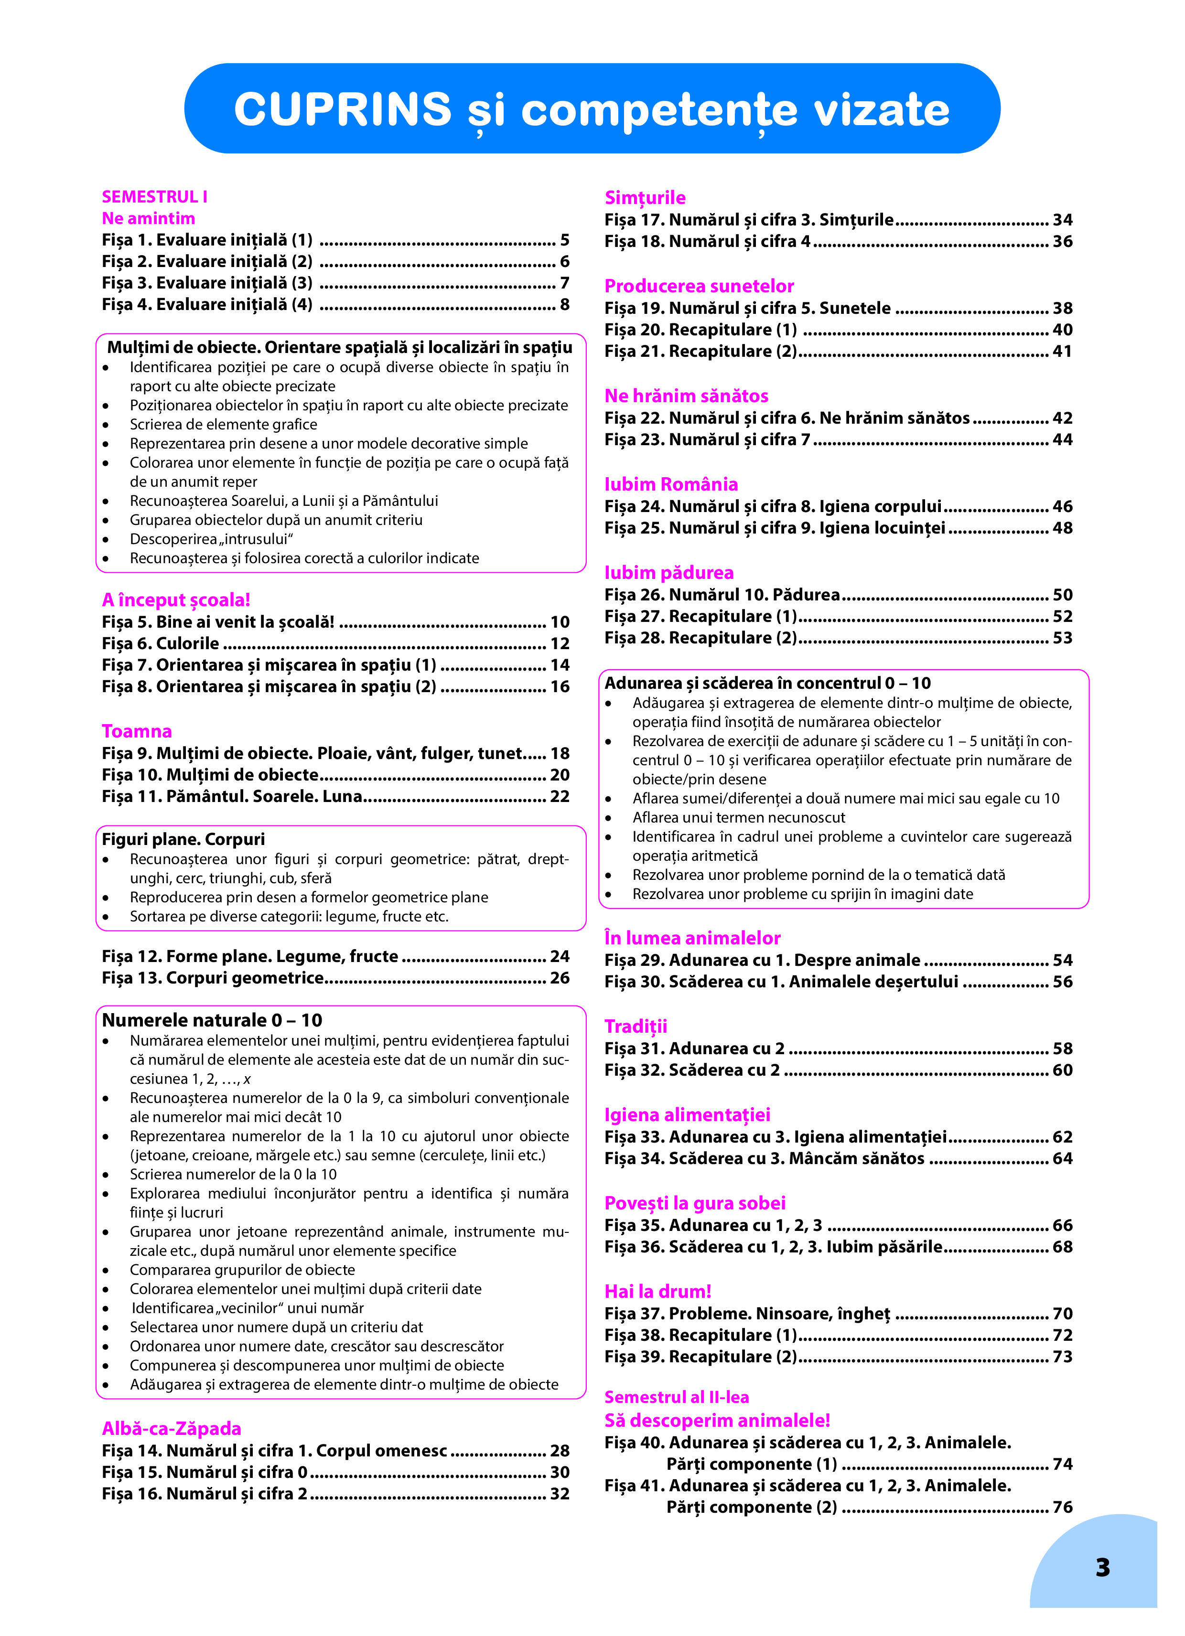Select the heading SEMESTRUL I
[154, 197]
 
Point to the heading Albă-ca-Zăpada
[171, 1428]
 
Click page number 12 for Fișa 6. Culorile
[560, 643]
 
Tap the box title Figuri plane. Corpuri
[183, 839]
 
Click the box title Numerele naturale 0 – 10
[212, 1020]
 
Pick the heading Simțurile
[645, 198]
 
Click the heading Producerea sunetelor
[699, 287]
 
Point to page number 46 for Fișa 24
[1062, 506]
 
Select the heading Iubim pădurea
[668, 573]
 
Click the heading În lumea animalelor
[692, 938]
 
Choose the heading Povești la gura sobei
[694, 1203]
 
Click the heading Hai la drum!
[657, 1291]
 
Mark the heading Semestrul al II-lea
[676, 1397]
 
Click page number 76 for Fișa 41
[1062, 1507]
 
